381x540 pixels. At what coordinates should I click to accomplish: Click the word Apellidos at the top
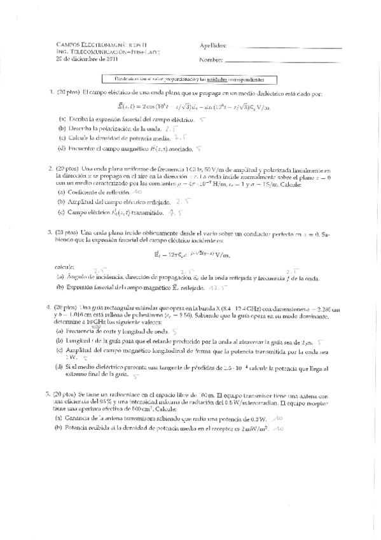(212, 46)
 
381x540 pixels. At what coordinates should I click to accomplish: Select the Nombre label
(211, 60)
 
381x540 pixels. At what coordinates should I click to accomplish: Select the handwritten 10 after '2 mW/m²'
(280, 430)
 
